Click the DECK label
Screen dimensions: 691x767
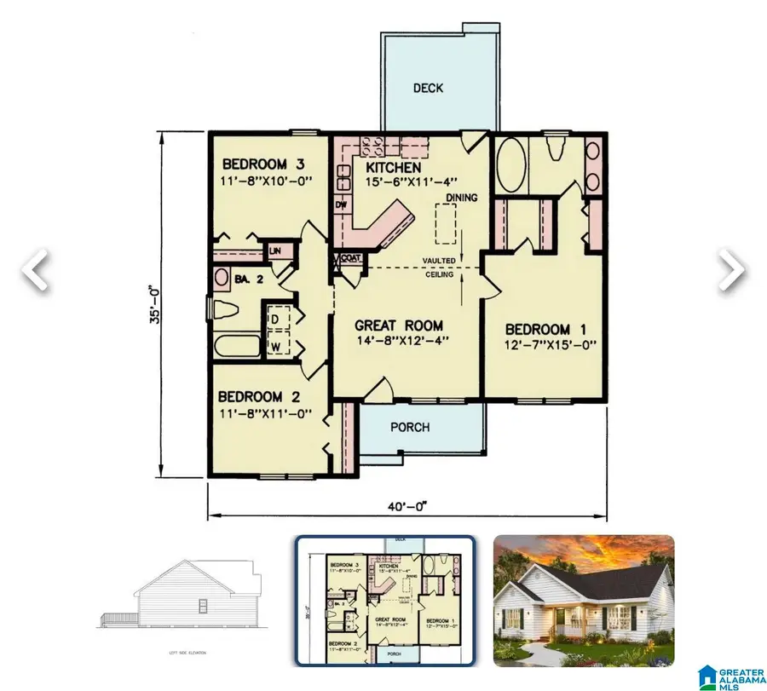[428, 88]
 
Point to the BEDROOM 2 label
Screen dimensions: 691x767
[261, 396]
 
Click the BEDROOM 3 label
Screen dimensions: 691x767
[264, 164]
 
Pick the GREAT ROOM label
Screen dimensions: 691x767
[400, 325]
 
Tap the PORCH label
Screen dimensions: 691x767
[410, 427]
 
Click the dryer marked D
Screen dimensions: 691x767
[275, 319]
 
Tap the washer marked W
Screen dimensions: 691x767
[275, 345]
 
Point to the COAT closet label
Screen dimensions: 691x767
[349, 258]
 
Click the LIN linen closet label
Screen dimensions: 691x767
[275, 251]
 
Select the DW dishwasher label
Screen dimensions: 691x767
[340, 205]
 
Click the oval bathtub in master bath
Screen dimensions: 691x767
[511, 165]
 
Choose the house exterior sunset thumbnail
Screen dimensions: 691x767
[584, 600]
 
